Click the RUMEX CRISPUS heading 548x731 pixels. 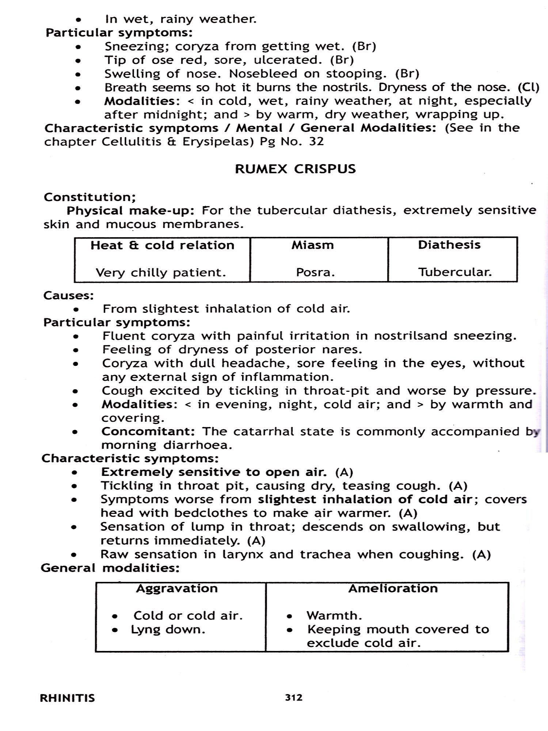(x=295, y=169)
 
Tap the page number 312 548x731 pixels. (x=294, y=697)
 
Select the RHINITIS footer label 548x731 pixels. (x=67, y=698)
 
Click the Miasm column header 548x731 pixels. (x=313, y=245)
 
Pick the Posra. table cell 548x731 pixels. (x=315, y=273)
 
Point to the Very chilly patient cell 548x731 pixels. (x=161, y=273)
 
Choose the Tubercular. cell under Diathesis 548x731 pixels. (x=455, y=272)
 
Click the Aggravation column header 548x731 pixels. (x=177, y=588)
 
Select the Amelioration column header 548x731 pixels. (x=393, y=588)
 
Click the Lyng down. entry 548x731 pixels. (x=168, y=630)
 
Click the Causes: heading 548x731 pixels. (x=69, y=295)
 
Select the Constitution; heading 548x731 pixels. (x=90, y=197)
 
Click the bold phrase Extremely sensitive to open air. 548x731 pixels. (x=214, y=472)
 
